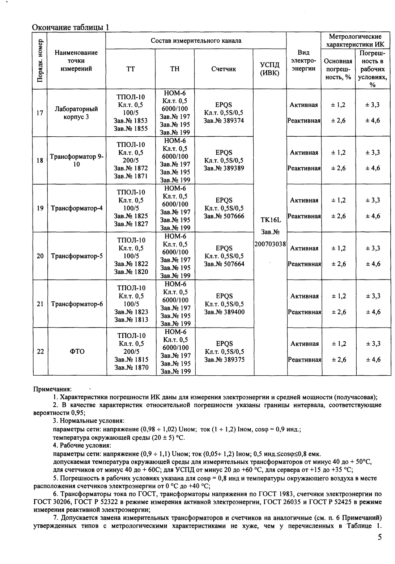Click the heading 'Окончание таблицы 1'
point(71,27)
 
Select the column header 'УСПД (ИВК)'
point(270,69)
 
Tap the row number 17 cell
point(40,113)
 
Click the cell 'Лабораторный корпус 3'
point(76,113)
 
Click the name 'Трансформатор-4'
point(77,208)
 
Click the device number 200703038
point(270,244)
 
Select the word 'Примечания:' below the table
point(52,389)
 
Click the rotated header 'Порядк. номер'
point(40,60)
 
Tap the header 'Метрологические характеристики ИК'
point(355,40)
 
